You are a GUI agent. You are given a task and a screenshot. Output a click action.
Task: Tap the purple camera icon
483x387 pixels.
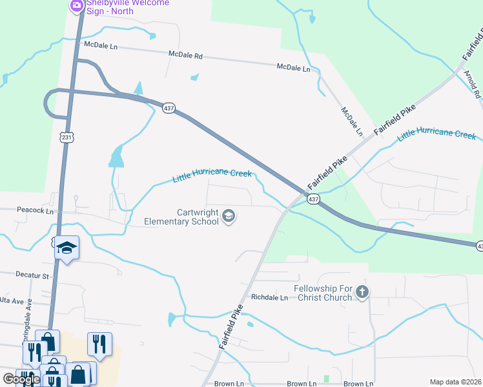(x=77, y=5)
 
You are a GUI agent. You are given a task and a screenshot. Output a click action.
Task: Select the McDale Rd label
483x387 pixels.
(x=185, y=56)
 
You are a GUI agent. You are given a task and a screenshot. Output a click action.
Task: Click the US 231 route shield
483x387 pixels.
(x=67, y=137)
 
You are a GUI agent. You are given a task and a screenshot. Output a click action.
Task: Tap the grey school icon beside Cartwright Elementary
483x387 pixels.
(x=228, y=216)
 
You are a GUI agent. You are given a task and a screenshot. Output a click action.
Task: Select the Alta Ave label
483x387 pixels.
(x=12, y=301)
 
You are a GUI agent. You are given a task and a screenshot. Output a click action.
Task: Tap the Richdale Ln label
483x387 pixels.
(x=269, y=298)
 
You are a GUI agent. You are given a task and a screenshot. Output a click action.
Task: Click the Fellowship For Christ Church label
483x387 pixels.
(x=323, y=293)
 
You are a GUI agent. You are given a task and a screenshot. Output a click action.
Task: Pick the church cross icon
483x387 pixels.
(x=362, y=292)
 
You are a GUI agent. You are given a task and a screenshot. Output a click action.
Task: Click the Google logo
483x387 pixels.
(x=21, y=379)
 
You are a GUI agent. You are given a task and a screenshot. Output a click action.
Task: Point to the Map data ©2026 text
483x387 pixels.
(x=455, y=382)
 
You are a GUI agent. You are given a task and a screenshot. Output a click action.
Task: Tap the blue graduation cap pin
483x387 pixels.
(x=66, y=248)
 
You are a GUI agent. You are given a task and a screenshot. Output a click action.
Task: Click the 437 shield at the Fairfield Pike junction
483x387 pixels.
(x=313, y=199)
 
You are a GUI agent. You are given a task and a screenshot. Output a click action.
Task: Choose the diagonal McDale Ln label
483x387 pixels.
(x=351, y=121)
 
